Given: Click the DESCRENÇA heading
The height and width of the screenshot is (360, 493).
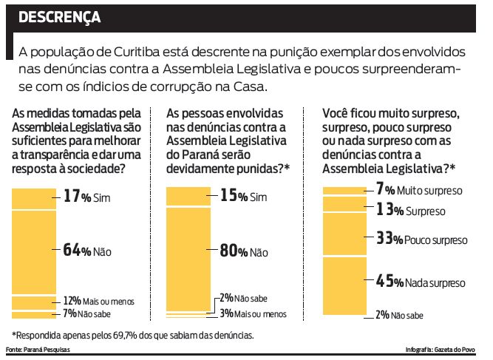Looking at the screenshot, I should (59, 17).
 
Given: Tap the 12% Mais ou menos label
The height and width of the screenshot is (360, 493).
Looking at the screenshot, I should (95, 302).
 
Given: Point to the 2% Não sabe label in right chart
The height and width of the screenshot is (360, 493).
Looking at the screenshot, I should (399, 315).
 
